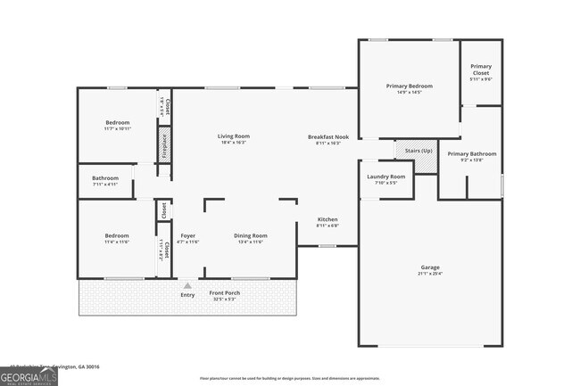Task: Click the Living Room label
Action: point(233,136)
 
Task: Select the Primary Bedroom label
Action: point(409,86)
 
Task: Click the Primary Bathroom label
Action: point(471,153)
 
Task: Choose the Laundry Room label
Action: point(385,177)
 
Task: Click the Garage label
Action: point(430,267)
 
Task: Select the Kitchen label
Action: point(327,219)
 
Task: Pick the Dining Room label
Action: point(251,235)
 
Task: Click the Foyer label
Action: point(187,235)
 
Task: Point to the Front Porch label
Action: point(223,293)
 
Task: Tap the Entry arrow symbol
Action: point(187,285)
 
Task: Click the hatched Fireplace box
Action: point(164,144)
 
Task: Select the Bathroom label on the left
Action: point(105,177)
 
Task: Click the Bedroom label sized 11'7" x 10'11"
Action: point(118,122)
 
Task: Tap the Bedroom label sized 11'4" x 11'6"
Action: point(117,235)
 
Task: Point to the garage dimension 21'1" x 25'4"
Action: point(430,274)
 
